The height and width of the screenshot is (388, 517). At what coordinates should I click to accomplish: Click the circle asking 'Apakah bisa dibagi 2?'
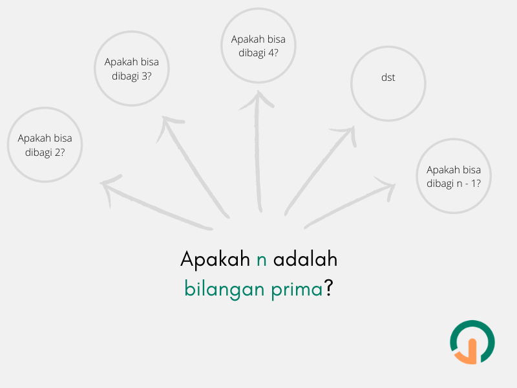pyautogui.click(x=45, y=144)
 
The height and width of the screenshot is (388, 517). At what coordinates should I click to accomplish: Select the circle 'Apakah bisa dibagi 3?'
pyautogui.click(x=132, y=69)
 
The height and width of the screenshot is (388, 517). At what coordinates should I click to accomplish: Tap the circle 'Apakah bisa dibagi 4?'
pyautogui.click(x=258, y=45)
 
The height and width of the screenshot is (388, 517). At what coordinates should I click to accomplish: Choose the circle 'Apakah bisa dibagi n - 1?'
pyautogui.click(x=454, y=176)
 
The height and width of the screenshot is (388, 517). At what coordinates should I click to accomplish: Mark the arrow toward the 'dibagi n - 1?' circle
pyautogui.click(x=349, y=204)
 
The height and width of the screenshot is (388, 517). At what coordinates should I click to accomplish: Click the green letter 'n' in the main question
pyautogui.click(x=261, y=260)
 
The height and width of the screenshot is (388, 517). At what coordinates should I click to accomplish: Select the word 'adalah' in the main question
pyautogui.click(x=305, y=259)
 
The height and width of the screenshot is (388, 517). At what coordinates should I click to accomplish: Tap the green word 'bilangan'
pyautogui.click(x=220, y=289)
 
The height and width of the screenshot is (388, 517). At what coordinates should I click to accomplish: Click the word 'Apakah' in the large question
pyautogui.click(x=215, y=260)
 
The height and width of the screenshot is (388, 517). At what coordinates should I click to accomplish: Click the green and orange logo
pyautogui.click(x=472, y=342)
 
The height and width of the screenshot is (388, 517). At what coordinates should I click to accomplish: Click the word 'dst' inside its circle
pyautogui.click(x=388, y=78)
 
